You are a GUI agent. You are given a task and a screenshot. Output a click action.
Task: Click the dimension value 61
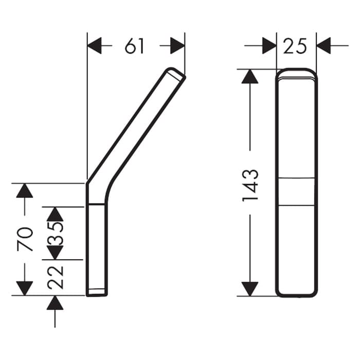(134, 46)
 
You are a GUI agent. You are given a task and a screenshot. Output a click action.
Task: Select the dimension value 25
(295, 46)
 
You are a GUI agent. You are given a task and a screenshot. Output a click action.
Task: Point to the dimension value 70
(25, 239)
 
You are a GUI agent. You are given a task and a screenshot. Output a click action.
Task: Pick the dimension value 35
(55, 233)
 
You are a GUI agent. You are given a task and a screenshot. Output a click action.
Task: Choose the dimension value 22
(55, 277)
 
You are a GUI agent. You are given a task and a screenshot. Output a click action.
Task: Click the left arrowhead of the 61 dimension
(94, 46)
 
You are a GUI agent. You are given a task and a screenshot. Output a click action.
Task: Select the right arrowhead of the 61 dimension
(177, 46)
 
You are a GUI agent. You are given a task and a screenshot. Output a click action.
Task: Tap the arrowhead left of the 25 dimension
(269, 46)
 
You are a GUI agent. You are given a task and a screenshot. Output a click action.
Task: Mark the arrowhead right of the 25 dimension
(323, 46)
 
